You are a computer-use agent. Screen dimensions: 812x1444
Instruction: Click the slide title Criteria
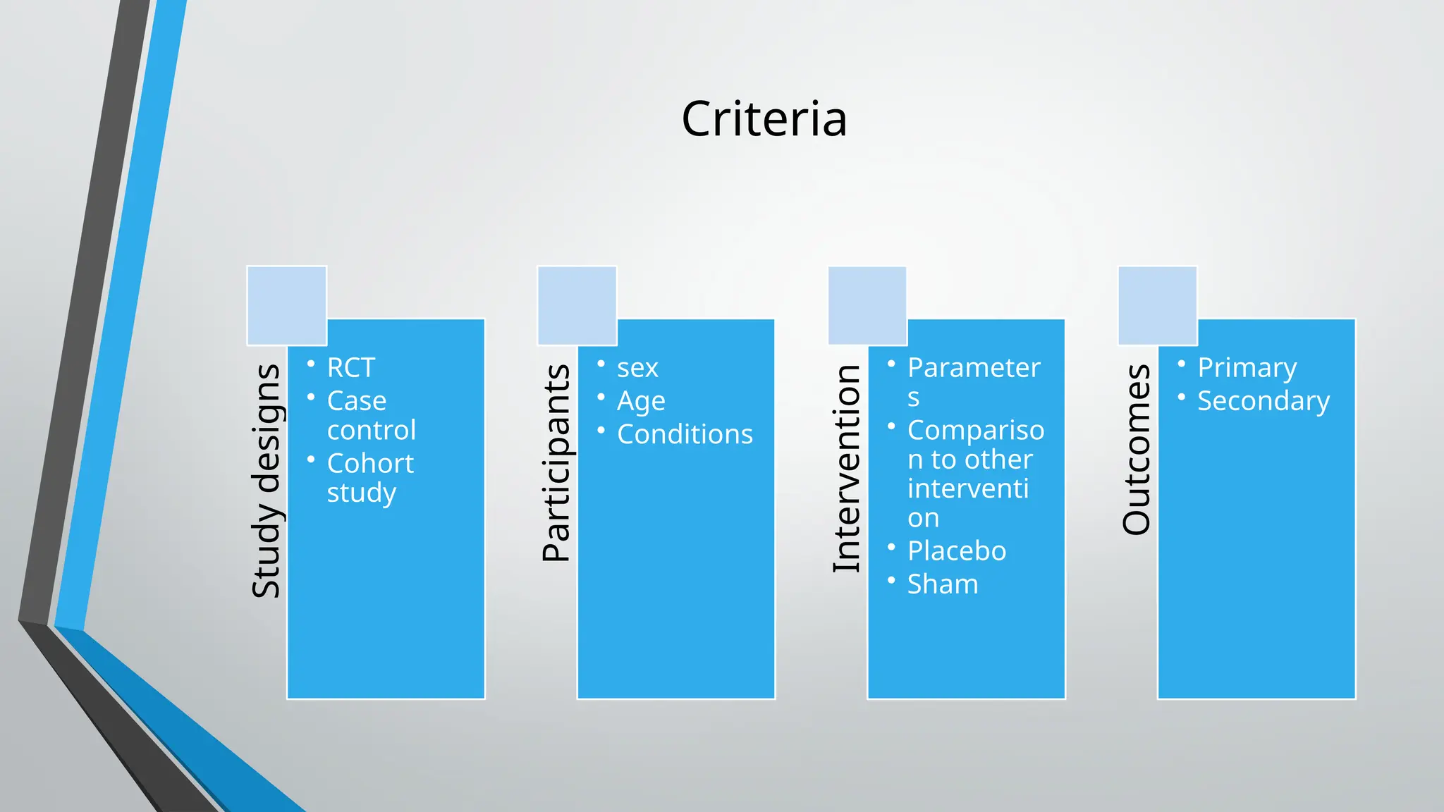click(764, 118)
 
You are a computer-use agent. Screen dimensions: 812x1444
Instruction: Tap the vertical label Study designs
click(267, 481)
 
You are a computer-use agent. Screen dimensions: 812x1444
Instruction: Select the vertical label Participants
click(556, 462)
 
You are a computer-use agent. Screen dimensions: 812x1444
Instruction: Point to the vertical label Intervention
click(847, 468)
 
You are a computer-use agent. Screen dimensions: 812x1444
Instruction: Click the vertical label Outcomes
click(1137, 449)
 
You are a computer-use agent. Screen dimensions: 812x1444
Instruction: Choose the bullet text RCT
click(350, 367)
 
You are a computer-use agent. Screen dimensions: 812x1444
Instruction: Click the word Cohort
click(370, 463)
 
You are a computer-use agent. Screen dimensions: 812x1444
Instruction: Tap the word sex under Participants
click(637, 368)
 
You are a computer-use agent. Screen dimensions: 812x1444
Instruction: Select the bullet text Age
click(641, 401)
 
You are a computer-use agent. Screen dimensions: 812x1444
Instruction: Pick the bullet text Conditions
click(685, 434)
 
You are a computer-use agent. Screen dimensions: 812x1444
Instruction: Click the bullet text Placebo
click(957, 550)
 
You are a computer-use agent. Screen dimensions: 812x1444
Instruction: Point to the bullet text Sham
click(943, 584)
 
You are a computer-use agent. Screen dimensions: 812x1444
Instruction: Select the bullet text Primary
click(1247, 368)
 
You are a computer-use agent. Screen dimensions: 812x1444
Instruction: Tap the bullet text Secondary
click(1263, 401)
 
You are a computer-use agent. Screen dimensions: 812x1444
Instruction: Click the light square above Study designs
click(287, 305)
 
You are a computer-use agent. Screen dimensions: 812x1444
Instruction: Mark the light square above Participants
click(577, 305)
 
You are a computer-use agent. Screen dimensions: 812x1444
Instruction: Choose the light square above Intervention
click(867, 305)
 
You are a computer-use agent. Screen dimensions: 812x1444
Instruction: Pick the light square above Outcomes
click(1158, 305)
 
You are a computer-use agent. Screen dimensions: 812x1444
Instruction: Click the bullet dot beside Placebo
click(891, 547)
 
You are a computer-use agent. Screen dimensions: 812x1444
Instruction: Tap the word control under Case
click(372, 430)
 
